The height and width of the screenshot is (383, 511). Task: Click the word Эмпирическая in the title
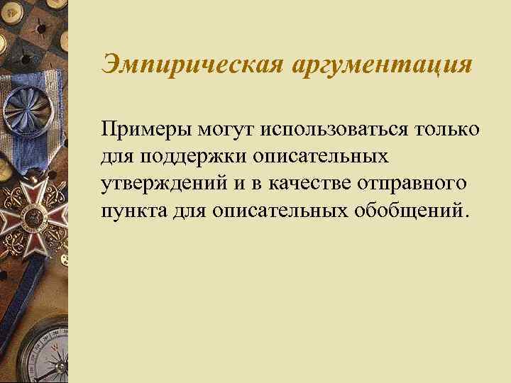(192, 67)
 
